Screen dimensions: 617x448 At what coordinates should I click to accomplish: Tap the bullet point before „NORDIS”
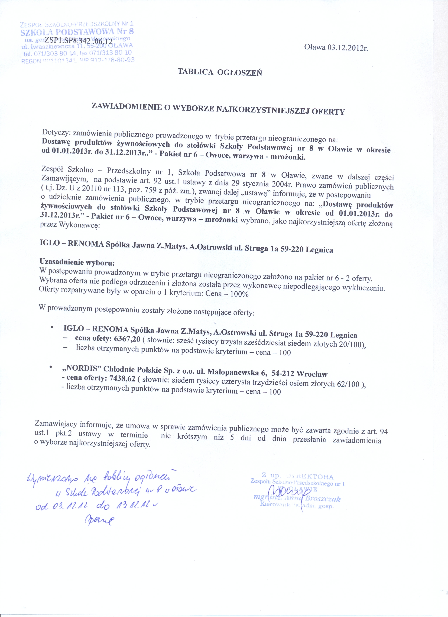pyautogui.click(x=51, y=368)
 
